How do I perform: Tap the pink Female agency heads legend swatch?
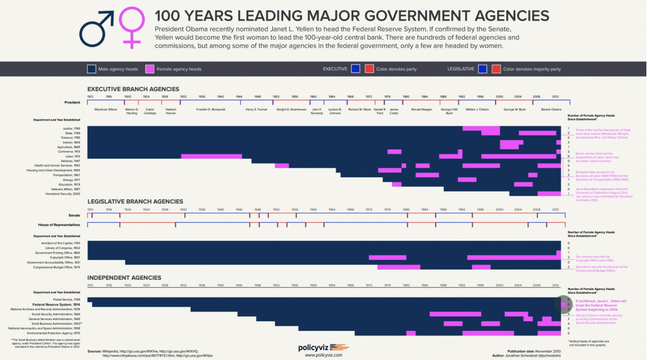coord(150,69)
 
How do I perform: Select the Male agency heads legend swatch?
coord(91,69)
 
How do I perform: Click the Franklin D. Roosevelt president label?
coord(211,109)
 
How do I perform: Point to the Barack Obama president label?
coord(551,109)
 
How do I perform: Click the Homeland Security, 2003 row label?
coord(63,194)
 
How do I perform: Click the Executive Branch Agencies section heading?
coord(133,89)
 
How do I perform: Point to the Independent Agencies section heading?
coord(124,278)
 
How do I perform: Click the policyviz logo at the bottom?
coord(323,347)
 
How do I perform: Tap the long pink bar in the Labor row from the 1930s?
coord(211,156)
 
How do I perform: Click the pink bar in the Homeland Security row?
coord(549,194)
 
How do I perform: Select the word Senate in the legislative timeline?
coord(74,216)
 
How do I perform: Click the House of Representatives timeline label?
coord(59,225)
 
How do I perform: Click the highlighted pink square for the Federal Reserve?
coord(563,305)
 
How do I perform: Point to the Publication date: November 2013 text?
coord(533,351)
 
